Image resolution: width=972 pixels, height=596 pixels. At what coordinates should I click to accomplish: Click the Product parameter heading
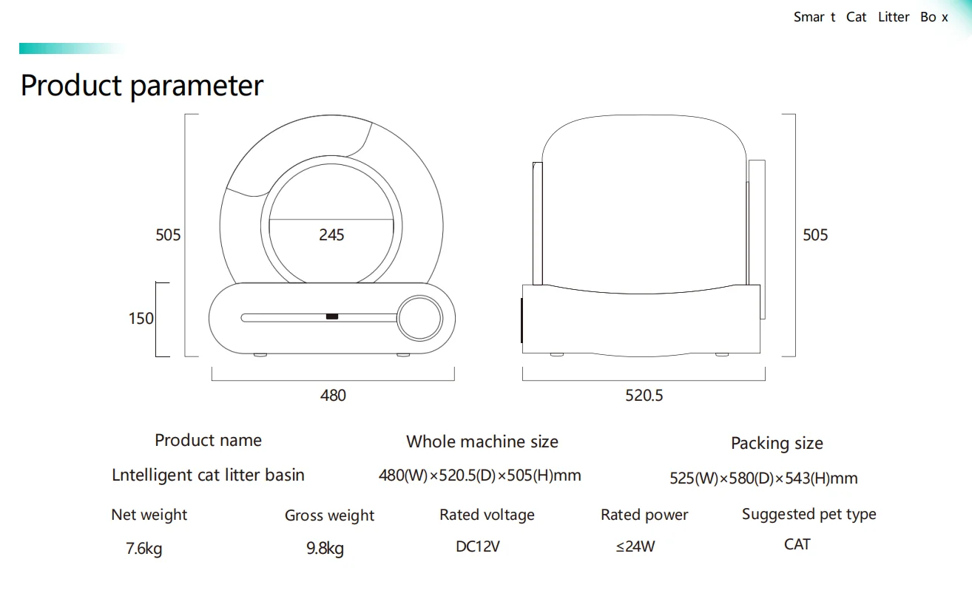(141, 86)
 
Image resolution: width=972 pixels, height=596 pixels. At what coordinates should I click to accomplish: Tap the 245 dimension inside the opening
(331, 234)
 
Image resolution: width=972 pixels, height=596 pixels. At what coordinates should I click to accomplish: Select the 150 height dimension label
(141, 319)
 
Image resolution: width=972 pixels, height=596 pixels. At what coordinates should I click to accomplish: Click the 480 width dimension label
(333, 396)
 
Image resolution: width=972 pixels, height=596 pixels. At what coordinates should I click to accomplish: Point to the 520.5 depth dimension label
(644, 396)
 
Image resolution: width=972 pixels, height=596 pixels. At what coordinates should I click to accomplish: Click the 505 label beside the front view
(168, 235)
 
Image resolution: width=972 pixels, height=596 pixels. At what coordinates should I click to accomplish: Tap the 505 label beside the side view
(815, 235)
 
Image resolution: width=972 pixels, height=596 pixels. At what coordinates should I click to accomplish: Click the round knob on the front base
(419, 319)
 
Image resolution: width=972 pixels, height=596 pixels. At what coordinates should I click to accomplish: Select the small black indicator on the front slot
(332, 317)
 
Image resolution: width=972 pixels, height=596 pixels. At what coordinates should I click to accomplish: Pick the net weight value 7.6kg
(144, 549)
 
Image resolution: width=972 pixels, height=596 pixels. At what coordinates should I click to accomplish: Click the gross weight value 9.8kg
(325, 549)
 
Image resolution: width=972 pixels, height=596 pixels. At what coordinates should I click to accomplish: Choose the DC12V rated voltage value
(478, 547)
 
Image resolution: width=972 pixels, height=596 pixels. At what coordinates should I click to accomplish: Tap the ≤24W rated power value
(635, 547)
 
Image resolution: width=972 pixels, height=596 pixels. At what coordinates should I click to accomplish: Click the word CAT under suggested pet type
(797, 545)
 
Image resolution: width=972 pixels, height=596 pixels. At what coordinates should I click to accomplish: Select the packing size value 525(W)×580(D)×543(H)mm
(763, 478)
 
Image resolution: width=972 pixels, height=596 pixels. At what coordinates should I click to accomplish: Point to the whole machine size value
(479, 475)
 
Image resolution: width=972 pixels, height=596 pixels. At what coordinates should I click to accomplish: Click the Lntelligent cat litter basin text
(208, 475)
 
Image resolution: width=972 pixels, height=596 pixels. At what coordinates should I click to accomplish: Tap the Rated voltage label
(487, 515)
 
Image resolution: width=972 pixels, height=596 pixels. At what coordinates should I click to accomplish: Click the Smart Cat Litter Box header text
(871, 17)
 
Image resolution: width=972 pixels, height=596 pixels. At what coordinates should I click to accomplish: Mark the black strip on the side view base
(522, 320)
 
